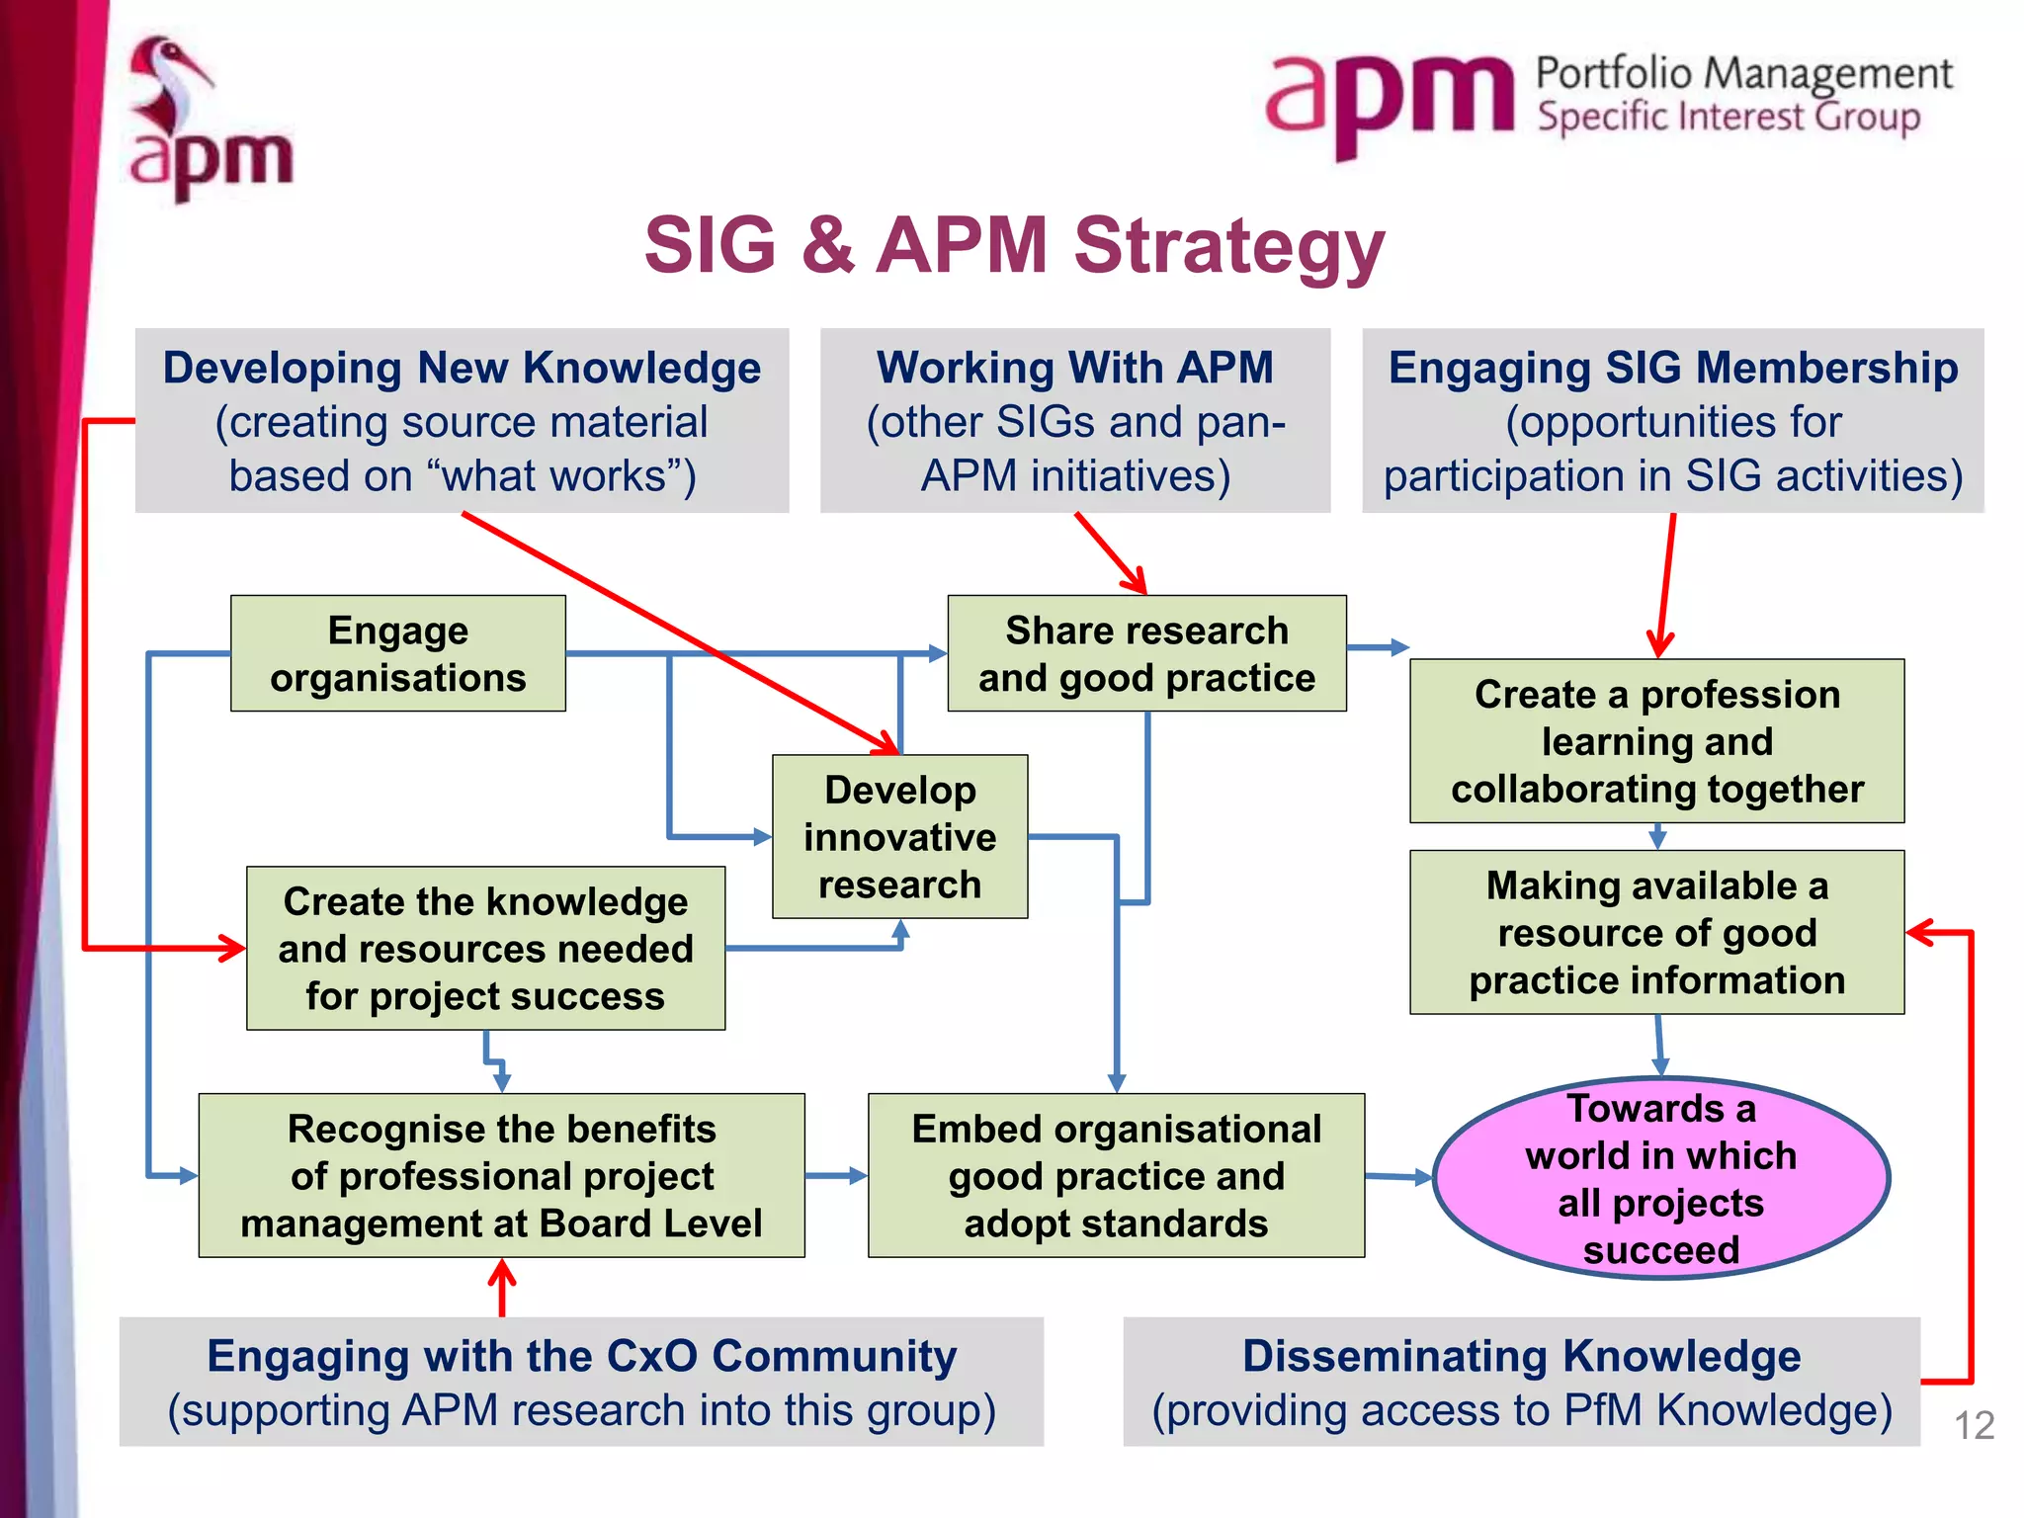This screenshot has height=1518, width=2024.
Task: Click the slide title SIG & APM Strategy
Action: (1014, 246)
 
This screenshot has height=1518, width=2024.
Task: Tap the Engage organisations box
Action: (398, 654)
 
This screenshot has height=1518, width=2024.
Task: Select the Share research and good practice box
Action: (1146, 654)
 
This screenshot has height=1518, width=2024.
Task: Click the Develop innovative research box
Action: (899, 837)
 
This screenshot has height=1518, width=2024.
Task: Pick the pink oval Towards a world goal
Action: (1660, 1178)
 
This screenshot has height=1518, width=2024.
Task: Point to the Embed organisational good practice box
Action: (1116, 1176)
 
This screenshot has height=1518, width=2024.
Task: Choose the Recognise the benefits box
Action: (501, 1176)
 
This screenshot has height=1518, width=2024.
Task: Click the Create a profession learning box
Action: (1656, 741)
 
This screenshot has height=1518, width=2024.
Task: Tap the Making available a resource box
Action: (1656, 933)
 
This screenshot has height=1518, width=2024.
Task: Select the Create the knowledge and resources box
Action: (485, 949)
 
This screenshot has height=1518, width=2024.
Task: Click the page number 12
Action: (1974, 1425)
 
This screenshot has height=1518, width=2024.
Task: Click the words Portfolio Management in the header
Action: (1743, 74)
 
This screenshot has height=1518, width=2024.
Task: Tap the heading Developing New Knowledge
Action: (462, 368)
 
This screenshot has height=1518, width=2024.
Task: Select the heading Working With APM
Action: (1075, 368)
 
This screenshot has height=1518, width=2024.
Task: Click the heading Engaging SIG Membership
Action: (1672, 368)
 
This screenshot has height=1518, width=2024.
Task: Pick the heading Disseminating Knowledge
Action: (1521, 1356)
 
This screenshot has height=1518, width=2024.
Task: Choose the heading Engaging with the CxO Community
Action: (581, 1356)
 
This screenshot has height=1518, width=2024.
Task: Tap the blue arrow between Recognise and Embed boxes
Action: (836, 1176)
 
